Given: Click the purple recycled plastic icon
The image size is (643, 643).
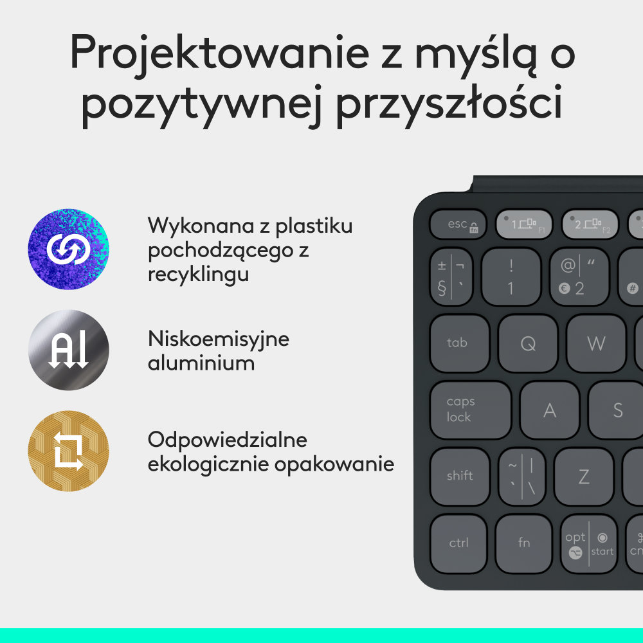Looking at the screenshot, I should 69,249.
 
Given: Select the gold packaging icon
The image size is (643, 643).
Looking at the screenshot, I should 69,451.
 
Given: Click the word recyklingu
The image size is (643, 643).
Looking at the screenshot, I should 199,275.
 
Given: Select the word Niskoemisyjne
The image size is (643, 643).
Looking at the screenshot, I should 219,339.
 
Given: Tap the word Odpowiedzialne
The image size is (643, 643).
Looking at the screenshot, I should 228,440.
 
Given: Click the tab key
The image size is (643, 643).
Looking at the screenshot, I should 459,343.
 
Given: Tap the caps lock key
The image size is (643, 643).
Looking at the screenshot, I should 469,410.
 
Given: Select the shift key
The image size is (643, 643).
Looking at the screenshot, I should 460,476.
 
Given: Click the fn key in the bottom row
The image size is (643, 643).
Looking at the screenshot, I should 524,543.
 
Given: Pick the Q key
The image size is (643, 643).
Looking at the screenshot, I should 528,344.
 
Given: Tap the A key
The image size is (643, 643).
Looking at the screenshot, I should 550,410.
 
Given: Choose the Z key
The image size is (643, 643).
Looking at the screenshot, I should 584,476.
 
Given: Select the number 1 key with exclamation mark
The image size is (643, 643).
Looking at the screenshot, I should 511,276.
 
